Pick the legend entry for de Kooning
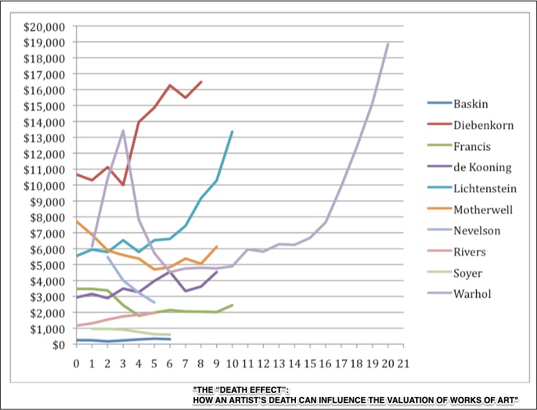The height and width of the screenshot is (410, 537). [x=482, y=167]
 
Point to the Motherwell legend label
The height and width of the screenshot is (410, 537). [x=483, y=209]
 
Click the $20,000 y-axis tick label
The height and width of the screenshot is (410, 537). [x=44, y=27]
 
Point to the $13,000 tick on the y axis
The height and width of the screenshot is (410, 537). [x=44, y=138]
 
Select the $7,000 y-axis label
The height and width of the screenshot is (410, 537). [x=47, y=233]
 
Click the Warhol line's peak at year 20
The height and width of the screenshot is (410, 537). [x=388, y=44]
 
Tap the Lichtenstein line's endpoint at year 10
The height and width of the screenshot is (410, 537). [x=232, y=132]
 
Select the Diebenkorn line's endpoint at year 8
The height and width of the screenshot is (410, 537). [x=201, y=82]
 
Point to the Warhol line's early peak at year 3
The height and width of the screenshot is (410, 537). [x=123, y=130]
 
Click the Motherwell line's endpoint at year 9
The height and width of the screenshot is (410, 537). [x=217, y=247]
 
